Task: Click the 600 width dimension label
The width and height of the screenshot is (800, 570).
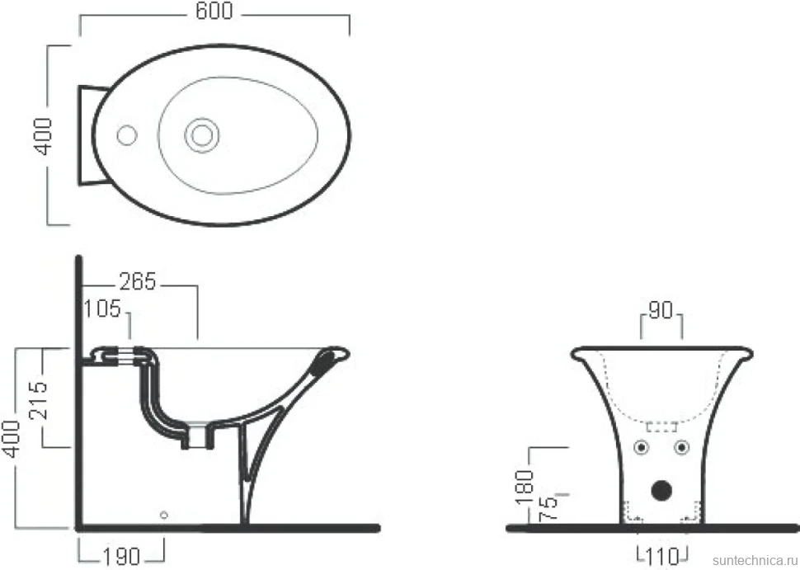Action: coord(214,11)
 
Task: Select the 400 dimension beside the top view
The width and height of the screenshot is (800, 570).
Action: coord(43,136)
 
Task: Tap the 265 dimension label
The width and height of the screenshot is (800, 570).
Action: coord(138,281)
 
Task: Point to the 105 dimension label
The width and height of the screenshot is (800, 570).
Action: coord(102,309)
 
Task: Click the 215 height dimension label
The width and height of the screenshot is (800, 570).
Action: coord(38,401)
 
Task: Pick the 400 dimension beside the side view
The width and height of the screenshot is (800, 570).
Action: coord(11,439)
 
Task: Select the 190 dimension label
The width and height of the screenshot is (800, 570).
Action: coord(122,557)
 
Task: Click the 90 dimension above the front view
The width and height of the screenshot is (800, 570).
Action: coord(661,310)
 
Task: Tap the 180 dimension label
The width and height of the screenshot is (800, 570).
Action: coord(525,488)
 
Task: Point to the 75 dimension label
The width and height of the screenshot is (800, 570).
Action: coord(548,508)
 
